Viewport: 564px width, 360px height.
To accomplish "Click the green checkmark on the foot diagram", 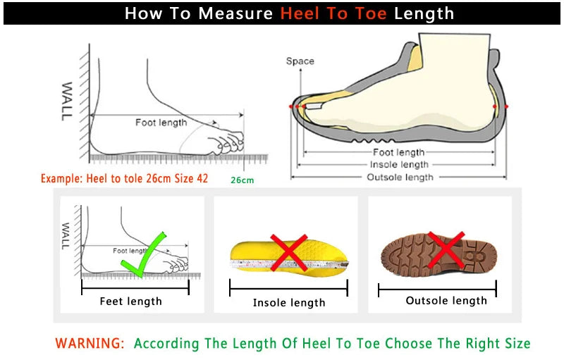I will click(144, 253).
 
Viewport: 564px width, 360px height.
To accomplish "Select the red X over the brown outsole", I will click(446, 249).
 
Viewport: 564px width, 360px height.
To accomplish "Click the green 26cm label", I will click(242, 180).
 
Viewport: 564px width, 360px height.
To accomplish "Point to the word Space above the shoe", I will click(300, 61).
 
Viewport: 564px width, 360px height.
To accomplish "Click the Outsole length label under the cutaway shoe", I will click(400, 177).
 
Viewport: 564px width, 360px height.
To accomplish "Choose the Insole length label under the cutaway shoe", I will click(400, 165).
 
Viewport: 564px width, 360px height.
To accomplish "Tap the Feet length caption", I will click(131, 302).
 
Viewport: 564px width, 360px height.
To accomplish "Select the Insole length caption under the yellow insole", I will click(289, 303).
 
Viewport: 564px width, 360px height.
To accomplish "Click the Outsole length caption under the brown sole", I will click(446, 301).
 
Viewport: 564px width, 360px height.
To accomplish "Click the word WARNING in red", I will click(90, 344).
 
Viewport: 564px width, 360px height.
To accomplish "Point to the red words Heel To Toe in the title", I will click(333, 13).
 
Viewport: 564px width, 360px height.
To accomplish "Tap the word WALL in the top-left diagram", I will click(67, 101).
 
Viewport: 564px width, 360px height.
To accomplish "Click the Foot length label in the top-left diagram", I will click(161, 123).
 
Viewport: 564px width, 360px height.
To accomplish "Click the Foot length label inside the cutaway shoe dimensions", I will click(399, 152).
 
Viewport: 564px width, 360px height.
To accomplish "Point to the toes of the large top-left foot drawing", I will click(230, 143).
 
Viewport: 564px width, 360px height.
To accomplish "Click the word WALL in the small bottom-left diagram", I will click(66, 236).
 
